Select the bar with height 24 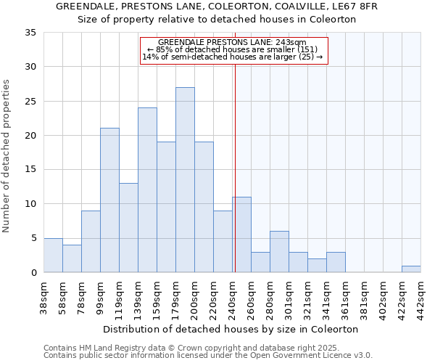pyautogui.click(x=147, y=189)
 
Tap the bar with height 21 pyautogui.click(x=109, y=200)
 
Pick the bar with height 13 pyautogui.click(x=128, y=227)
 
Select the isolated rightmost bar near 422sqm pyautogui.click(x=411, y=269)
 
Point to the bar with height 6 pyautogui.click(x=279, y=251)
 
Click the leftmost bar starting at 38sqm pyautogui.click(x=53, y=255)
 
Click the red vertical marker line pyautogui.click(x=235, y=167)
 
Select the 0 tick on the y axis pyautogui.click(x=33, y=273)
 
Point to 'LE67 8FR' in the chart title pyautogui.click(x=357, y=7)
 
